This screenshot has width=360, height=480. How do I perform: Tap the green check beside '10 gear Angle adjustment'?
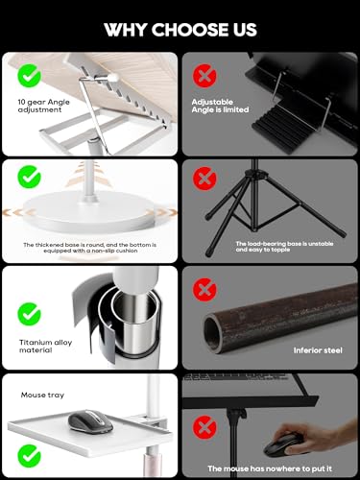(x=29, y=76)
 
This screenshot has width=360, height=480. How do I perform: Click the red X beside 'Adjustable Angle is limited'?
(x=204, y=76)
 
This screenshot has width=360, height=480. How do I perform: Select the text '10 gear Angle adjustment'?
(x=43, y=106)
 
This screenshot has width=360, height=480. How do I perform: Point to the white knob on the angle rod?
(x=113, y=77)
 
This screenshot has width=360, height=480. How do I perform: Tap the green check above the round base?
(x=29, y=177)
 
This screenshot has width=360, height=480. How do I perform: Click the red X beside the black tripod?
(x=204, y=179)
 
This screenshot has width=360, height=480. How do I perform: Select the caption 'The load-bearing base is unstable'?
(x=284, y=244)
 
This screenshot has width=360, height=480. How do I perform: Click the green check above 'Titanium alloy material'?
(x=29, y=314)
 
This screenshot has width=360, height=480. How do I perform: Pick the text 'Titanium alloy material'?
(x=45, y=347)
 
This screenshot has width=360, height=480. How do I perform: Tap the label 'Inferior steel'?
(x=318, y=350)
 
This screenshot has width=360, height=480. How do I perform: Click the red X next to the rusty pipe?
(x=204, y=290)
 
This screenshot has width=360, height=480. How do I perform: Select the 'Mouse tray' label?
(x=42, y=396)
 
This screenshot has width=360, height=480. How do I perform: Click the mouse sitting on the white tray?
(x=90, y=421)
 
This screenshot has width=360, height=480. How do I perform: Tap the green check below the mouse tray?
(x=29, y=456)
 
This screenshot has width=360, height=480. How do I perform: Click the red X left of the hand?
(x=204, y=427)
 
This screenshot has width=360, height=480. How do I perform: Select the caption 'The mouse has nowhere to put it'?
(x=270, y=468)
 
